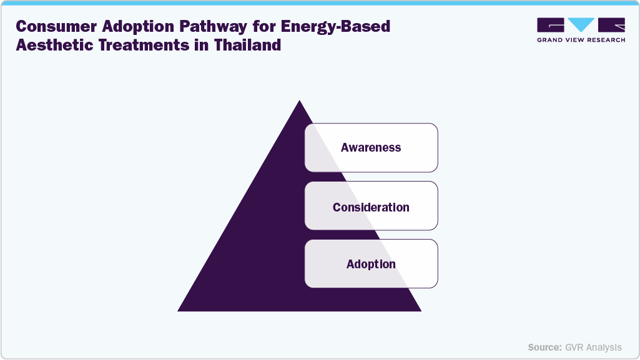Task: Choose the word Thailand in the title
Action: pyautogui.click(x=244, y=46)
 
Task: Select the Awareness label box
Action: pyautogui.click(x=371, y=148)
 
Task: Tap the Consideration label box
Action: pyautogui.click(x=371, y=207)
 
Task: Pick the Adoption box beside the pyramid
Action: pyautogui.click(x=371, y=264)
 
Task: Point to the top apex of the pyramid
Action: pyautogui.click(x=300, y=102)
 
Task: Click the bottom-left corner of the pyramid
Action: pyautogui.click(x=179, y=310)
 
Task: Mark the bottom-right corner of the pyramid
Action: pyautogui.click(x=420, y=310)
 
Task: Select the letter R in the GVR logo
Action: pyautogui.click(x=611, y=26)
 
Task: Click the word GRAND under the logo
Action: pyautogui.click(x=549, y=41)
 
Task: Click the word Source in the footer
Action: pyautogui.click(x=544, y=347)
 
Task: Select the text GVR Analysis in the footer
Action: pyautogui.click(x=594, y=347)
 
